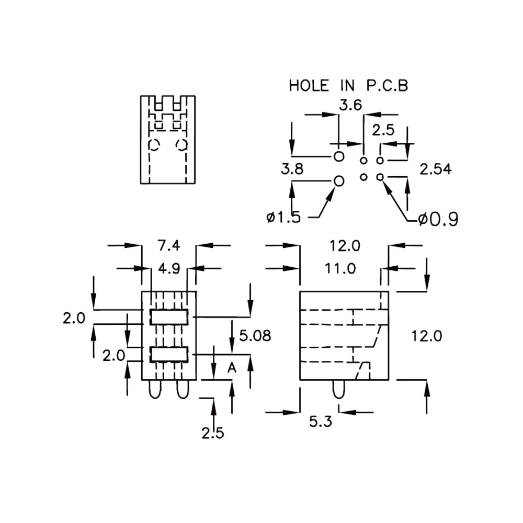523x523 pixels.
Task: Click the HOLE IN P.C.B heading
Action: (348, 86)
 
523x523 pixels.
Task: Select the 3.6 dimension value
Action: (350, 105)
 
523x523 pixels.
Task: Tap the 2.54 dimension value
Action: (435, 169)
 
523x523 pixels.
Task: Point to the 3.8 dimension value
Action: (292, 169)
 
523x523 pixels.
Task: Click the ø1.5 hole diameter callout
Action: (283, 218)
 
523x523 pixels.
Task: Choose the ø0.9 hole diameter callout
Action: (438, 219)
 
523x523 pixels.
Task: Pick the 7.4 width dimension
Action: (169, 246)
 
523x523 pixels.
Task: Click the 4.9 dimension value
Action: (169, 268)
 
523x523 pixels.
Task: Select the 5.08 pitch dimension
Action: (255, 336)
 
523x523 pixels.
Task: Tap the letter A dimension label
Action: (232, 368)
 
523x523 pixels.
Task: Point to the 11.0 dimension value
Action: (340, 268)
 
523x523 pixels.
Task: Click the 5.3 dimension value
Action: (321, 422)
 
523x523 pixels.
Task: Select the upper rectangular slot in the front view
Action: (169, 317)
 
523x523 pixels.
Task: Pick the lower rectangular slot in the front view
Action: (169, 354)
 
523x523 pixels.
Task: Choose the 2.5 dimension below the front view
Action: (213, 433)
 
